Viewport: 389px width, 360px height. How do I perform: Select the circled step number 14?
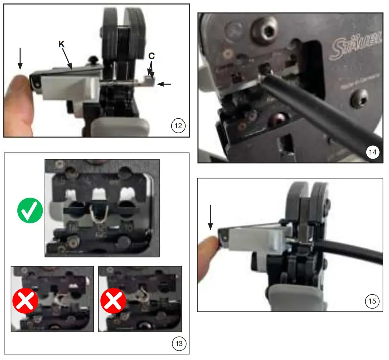(x=372, y=152)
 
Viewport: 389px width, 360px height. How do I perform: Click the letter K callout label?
(x=61, y=45)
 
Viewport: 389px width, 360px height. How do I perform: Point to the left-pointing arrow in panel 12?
(x=164, y=84)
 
